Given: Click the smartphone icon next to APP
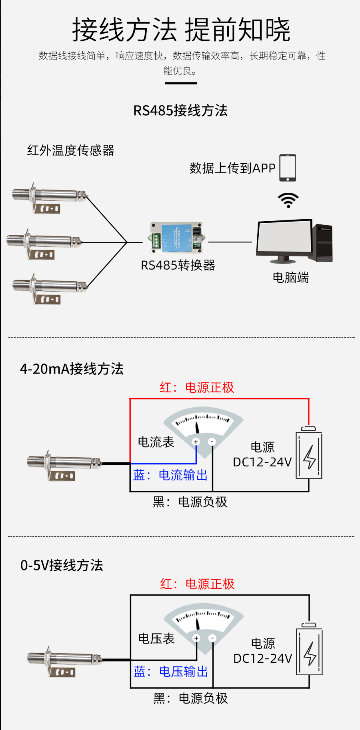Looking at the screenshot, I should coord(288,168).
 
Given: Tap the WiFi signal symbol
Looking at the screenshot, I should coord(288,200).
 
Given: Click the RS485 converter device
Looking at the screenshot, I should coord(176,238).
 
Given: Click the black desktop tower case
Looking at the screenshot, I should coord(322,243).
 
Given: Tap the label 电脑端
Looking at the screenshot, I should coord(291,278).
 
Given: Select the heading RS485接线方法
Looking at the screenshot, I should coord(180,111).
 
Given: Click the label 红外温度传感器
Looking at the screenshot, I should coord(71,150).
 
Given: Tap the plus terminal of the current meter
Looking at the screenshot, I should coord(196,442).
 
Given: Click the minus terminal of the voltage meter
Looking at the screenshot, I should coord(212,638).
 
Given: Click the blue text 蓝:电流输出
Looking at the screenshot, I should coord(171,475).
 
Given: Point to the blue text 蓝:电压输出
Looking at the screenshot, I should coord(171,671).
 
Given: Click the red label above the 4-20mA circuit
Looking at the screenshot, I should coord(197,387).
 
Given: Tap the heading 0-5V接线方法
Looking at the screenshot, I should coord(62,565).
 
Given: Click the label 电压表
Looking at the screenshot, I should coord(156,638).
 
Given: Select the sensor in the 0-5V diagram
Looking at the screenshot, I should coord(64,660).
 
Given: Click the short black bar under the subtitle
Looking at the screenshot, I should coord(181,83).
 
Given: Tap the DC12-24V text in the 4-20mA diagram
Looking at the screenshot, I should coord(262,462).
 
